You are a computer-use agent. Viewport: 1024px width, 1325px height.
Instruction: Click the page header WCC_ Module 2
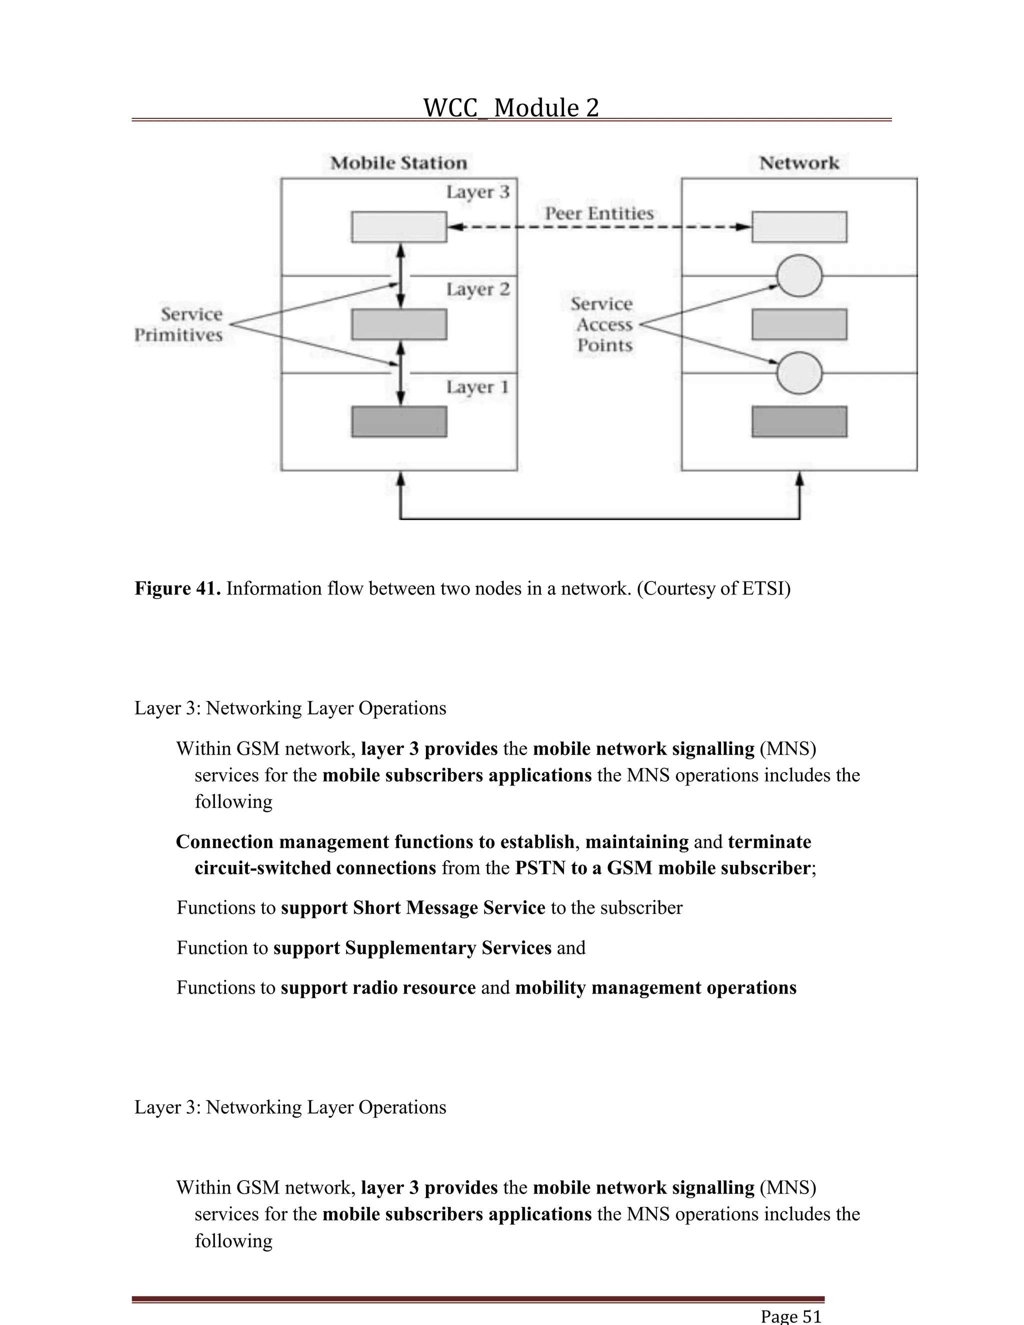click(511, 108)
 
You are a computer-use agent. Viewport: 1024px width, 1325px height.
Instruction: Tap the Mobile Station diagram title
click(398, 163)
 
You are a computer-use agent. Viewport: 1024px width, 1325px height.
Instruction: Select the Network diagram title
click(799, 163)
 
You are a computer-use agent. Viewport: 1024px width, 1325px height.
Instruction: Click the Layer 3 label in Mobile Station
click(477, 192)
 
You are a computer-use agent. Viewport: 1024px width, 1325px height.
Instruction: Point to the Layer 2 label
click(477, 289)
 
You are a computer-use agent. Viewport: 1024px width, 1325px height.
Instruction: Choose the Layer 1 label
click(477, 387)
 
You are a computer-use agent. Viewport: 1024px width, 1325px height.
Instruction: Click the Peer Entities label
click(598, 213)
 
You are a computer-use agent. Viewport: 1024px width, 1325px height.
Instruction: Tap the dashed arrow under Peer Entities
click(598, 227)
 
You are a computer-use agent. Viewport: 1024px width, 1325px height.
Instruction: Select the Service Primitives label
click(179, 324)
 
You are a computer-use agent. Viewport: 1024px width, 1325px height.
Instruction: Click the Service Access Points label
click(603, 324)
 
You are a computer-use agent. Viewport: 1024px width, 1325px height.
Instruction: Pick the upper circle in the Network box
click(799, 276)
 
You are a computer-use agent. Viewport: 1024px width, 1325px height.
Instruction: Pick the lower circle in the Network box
click(799, 373)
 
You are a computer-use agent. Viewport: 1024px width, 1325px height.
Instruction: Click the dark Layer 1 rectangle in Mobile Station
click(399, 421)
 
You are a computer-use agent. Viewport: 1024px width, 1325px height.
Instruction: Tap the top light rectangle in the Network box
click(799, 227)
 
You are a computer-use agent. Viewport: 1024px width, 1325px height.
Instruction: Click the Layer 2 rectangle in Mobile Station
click(399, 324)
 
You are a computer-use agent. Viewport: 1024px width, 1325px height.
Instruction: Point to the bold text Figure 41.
click(177, 588)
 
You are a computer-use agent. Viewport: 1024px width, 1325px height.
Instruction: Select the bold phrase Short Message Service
click(412, 907)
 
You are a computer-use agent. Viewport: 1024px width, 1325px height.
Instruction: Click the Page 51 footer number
click(791, 1316)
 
